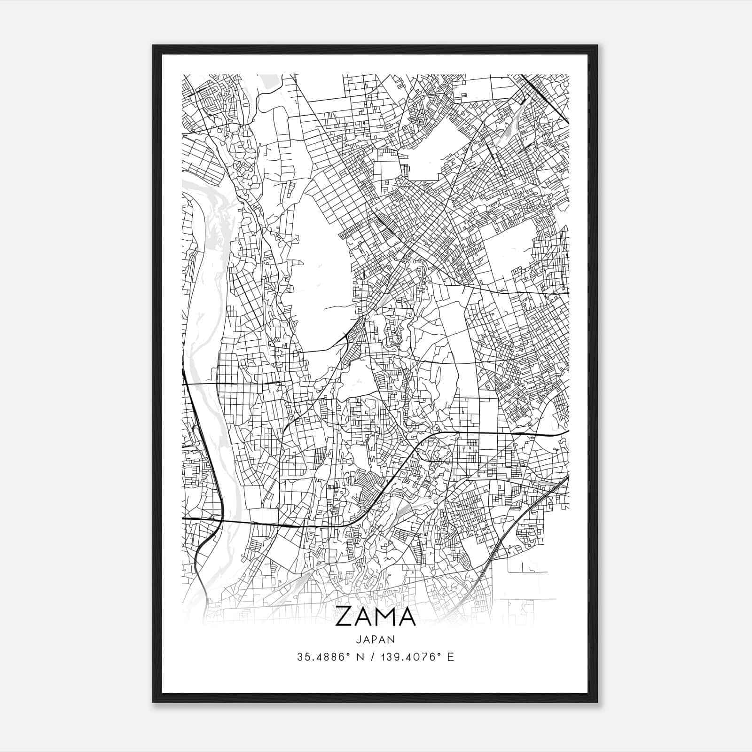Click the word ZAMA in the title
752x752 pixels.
(x=376, y=617)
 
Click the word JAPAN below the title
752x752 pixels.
(x=376, y=640)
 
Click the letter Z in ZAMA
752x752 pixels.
(x=345, y=617)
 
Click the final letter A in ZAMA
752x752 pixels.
(x=407, y=617)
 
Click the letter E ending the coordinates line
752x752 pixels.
(x=451, y=657)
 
